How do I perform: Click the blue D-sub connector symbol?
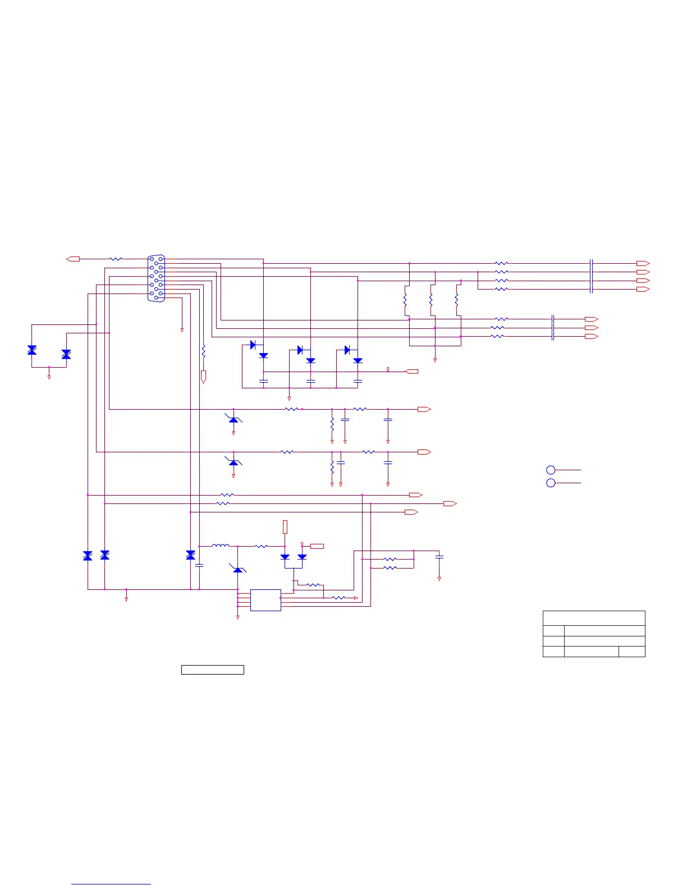coord(157,278)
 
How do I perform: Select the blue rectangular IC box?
coord(265,600)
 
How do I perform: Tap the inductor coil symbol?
coord(221,546)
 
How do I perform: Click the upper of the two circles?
coord(551,470)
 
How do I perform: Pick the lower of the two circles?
coord(551,483)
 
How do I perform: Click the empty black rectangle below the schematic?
coord(212,670)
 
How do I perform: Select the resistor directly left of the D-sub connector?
coord(116,259)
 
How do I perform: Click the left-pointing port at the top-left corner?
coord(73,259)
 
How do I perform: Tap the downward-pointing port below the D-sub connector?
coord(204,377)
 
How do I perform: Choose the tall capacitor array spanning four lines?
coord(591,276)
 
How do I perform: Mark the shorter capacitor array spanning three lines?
coord(553,328)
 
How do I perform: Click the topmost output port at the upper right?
coord(643,263)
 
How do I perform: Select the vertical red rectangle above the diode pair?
coord(285,526)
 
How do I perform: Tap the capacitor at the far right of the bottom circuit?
coord(439,557)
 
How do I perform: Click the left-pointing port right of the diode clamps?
coord(411,372)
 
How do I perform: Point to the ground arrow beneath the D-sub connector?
coord(182,330)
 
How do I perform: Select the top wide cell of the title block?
coord(594,617)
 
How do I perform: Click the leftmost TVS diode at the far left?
coord(32,350)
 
